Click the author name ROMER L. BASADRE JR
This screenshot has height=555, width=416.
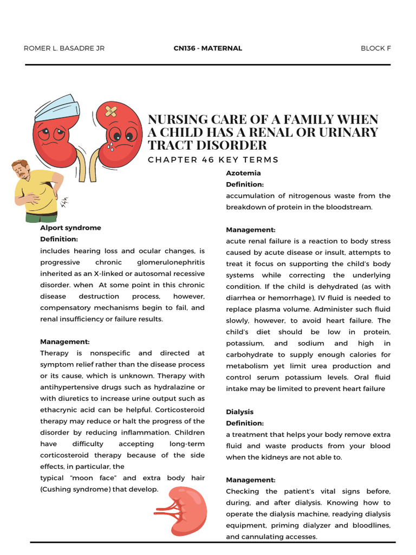tap(64, 48)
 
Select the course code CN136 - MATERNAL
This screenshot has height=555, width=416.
tap(207, 48)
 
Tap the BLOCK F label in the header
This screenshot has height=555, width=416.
tap(375, 48)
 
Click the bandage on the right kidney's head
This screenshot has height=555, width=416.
tap(111, 111)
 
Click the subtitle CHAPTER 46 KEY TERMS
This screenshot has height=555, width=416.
tap(213, 160)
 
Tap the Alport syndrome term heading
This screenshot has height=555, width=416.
tap(70, 228)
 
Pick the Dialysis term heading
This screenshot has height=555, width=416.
tap(239, 412)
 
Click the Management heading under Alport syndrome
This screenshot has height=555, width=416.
tap(64, 341)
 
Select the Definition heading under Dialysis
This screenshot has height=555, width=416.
tap(245, 423)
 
